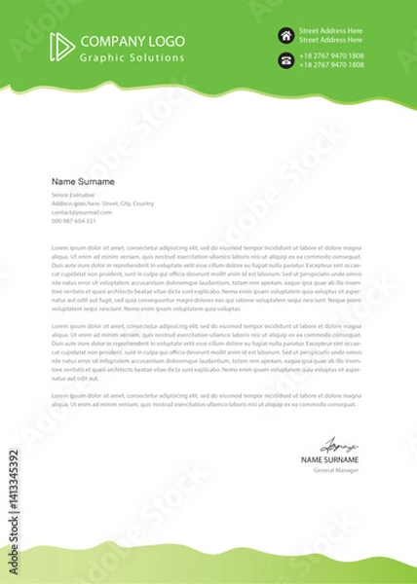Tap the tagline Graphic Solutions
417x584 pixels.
tap(131, 58)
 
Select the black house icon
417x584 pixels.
tap(286, 36)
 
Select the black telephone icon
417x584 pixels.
tap(286, 61)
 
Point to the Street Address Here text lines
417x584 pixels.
tap(331, 36)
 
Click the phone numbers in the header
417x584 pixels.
tap(331, 61)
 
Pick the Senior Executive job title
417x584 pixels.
tap(75, 195)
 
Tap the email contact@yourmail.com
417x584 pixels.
tap(81, 212)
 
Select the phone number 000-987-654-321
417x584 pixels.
tap(74, 221)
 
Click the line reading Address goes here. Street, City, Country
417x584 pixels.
tap(102, 203)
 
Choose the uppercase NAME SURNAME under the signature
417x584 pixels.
tap(330, 458)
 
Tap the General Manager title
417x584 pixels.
tap(337, 469)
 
